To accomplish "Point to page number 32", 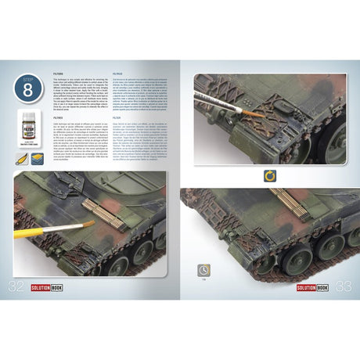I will pos(16,287).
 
